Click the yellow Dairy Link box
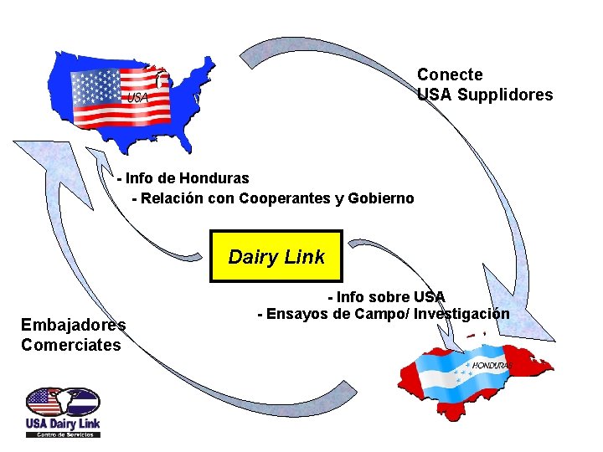point(276,256)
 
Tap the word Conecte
point(450,75)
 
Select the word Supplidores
point(505,95)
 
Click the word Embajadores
point(74,325)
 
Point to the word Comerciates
point(71,345)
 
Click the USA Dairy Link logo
point(63,412)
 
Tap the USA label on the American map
point(137,98)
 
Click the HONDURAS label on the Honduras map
point(492,366)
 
